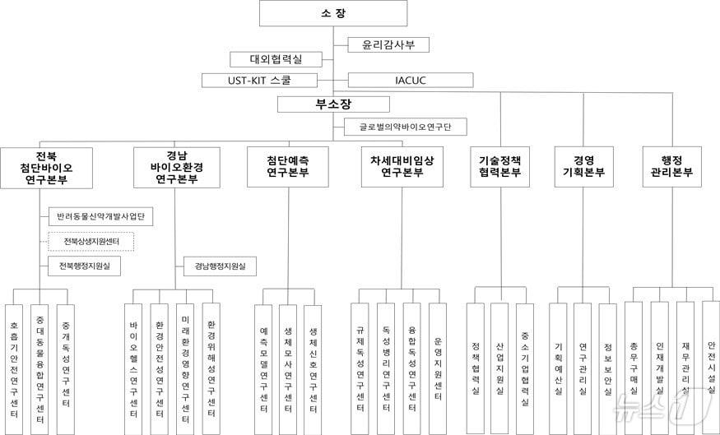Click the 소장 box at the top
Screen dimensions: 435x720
[333, 13]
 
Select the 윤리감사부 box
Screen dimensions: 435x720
[388, 44]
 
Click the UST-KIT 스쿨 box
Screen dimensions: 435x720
[259, 80]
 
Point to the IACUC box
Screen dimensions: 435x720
[411, 80]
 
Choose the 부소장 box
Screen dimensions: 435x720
[332, 104]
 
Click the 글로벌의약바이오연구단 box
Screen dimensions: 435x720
[405, 127]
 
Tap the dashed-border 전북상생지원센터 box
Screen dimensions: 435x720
[91, 242]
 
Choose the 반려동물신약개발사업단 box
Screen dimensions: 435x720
[101, 217]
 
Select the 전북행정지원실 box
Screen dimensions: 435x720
[85, 266]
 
